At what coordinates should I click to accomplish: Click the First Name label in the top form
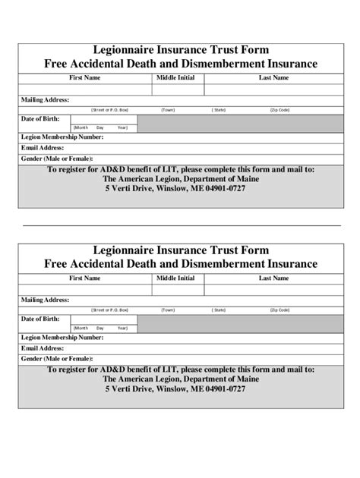pyautogui.click(x=84, y=77)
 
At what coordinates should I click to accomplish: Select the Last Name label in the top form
pyautogui.click(x=273, y=77)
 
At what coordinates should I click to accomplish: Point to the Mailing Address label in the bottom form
pyautogui.click(x=46, y=300)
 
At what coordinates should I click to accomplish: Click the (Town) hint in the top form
pyautogui.click(x=168, y=109)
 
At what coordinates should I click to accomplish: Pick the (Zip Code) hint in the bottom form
pyautogui.click(x=279, y=310)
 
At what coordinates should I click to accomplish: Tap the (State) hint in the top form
pyautogui.click(x=219, y=109)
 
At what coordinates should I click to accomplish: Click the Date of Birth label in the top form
pyautogui.click(x=40, y=119)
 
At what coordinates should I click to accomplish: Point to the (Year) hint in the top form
pyautogui.click(x=119, y=127)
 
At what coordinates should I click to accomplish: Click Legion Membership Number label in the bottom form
pyautogui.click(x=62, y=337)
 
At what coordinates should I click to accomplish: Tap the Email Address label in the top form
pyautogui.click(x=43, y=147)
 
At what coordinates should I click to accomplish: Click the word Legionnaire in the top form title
pyautogui.click(x=125, y=49)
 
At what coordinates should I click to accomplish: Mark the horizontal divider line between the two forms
pyautogui.click(x=180, y=225)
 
